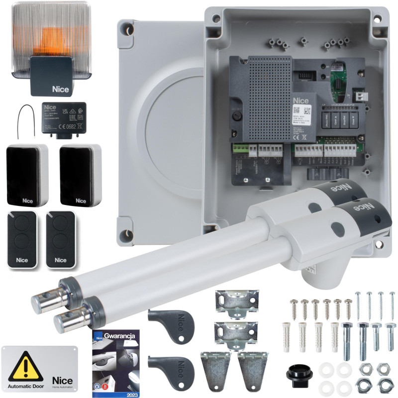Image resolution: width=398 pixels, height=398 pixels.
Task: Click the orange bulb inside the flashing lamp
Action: click(47, 37)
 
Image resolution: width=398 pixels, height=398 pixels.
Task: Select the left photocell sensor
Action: click(27, 175)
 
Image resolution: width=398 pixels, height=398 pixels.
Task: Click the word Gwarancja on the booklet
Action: click(120, 336)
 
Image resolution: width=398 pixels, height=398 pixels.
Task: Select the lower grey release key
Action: click(169, 366)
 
